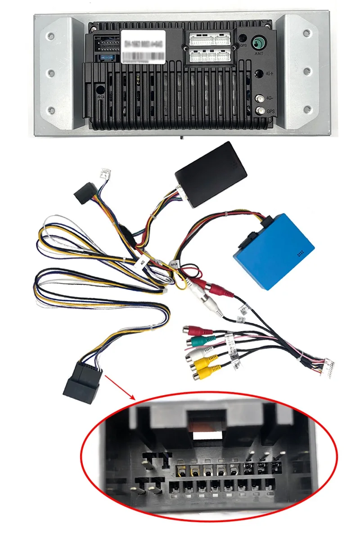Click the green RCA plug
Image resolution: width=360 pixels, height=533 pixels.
click(197, 342)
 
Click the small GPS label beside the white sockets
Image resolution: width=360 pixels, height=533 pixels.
click(243, 45)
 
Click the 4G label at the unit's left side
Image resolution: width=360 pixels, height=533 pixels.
click(100, 95)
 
